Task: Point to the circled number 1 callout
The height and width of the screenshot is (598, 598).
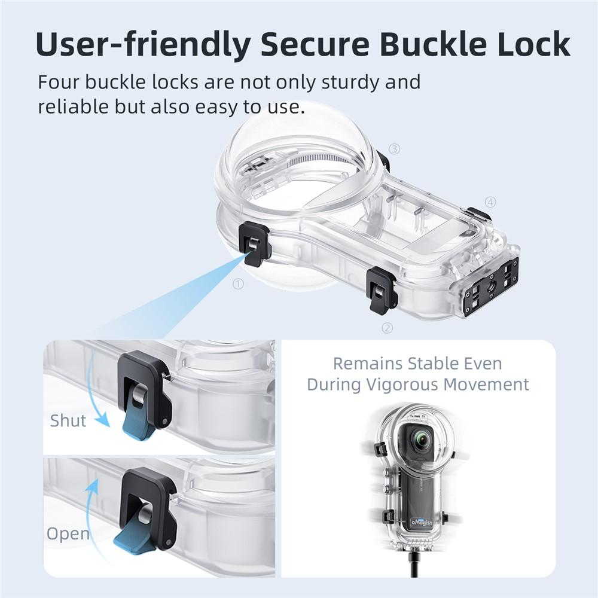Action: (239, 284)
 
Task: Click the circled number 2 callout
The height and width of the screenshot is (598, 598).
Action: (388, 328)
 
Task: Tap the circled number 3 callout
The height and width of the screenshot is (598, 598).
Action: (394, 149)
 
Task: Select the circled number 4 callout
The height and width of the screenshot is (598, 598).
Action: (490, 202)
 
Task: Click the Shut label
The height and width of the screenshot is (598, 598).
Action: (68, 420)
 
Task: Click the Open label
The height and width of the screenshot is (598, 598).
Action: (68, 534)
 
